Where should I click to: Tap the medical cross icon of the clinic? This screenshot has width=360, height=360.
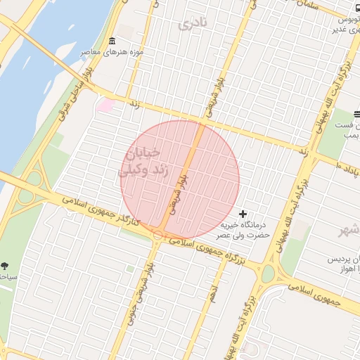tap(243, 214)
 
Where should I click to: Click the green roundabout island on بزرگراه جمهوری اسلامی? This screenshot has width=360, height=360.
tap(268, 273)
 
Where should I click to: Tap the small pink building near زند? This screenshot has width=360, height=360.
tap(105, 105)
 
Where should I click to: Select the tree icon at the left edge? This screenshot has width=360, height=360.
tap(6, 266)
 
